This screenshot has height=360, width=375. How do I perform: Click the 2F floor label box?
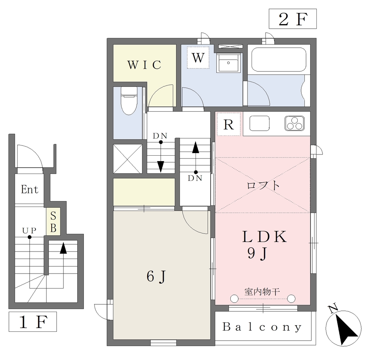point(293,19)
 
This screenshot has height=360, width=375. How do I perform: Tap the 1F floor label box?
point(33,322)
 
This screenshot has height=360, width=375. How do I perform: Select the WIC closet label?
point(144,65)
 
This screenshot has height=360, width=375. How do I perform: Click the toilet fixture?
point(129,101)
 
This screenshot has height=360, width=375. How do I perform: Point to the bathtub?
point(279,60)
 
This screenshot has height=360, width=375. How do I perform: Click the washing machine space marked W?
point(198,57)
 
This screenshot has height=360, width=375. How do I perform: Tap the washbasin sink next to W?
point(229,63)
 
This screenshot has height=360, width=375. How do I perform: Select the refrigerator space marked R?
point(229,124)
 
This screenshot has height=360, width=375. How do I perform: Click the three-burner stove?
point(295,123)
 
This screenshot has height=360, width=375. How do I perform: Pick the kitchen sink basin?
point(260,123)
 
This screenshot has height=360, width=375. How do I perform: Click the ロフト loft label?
point(263,185)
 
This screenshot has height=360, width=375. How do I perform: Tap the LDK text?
point(264,237)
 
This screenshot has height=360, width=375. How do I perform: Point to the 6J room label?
point(156,277)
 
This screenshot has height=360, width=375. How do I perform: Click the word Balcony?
point(262,327)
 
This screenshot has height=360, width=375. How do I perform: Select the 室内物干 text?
point(262,292)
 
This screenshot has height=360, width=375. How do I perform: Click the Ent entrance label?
point(29,189)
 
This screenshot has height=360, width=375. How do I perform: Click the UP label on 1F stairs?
point(29,230)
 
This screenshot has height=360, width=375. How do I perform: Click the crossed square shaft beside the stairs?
point(128,159)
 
